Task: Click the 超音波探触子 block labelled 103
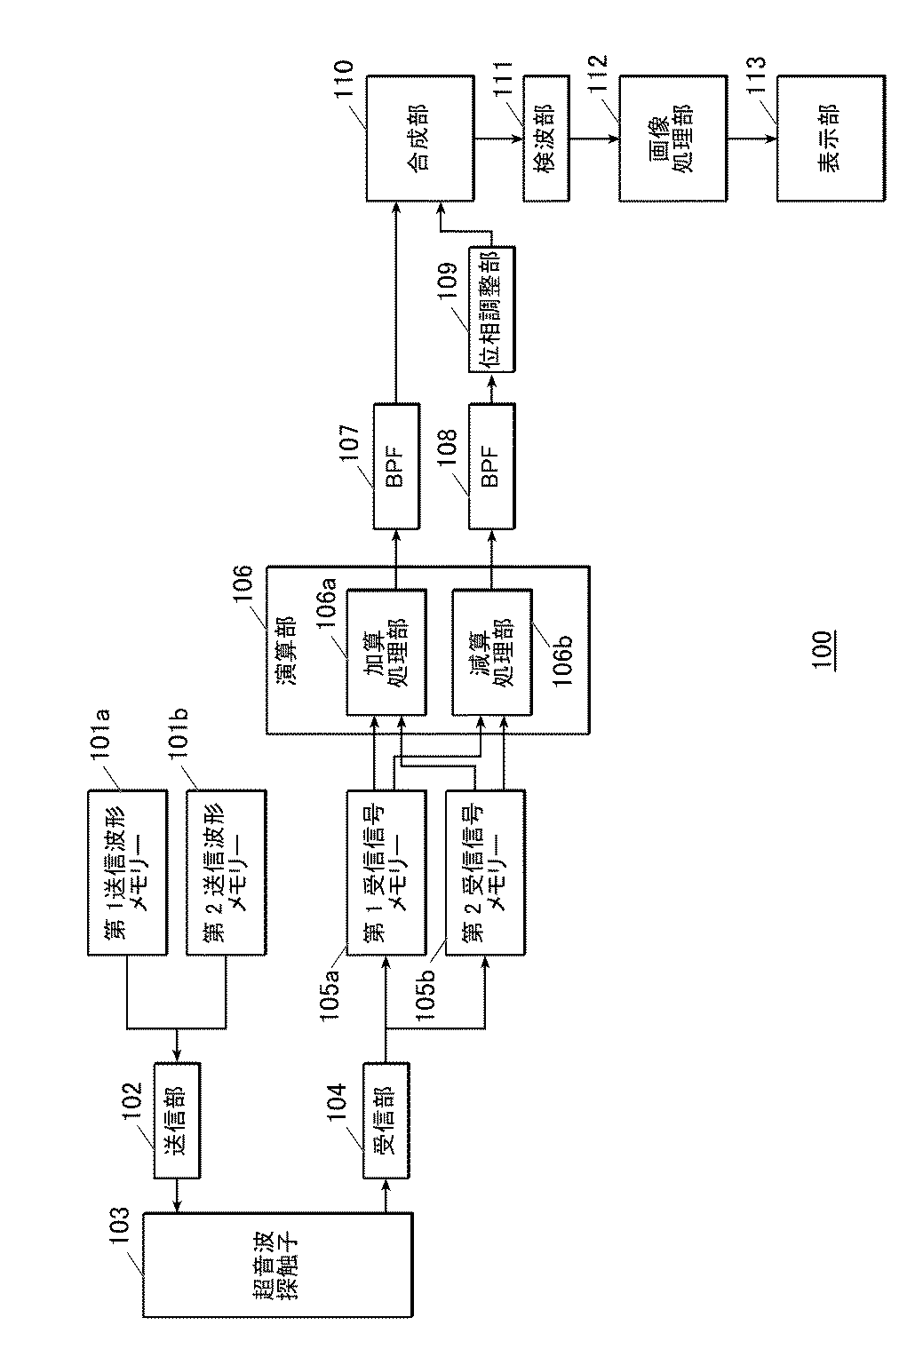tap(278, 1266)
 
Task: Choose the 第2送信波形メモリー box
tap(227, 871)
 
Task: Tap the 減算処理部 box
tap(493, 651)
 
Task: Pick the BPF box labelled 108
tap(492, 465)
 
